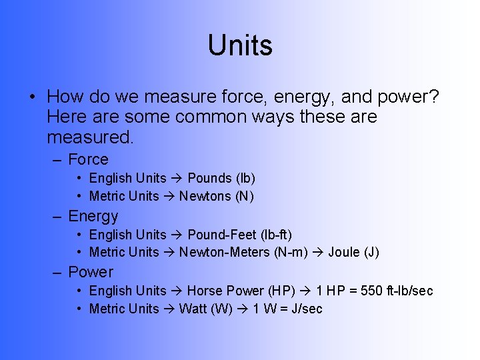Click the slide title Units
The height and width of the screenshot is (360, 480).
(240, 45)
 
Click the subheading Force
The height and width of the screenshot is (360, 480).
(88, 159)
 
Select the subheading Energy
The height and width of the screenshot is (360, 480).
(93, 216)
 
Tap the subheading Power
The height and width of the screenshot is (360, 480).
(91, 272)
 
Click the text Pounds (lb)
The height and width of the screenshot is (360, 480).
(221, 178)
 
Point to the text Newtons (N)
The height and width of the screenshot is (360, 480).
(217, 196)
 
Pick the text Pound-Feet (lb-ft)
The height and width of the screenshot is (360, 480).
(240, 235)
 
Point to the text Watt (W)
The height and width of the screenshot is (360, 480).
(206, 309)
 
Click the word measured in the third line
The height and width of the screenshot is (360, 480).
(90, 138)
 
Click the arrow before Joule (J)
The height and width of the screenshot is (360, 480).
(319, 252)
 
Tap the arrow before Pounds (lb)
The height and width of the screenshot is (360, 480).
(177, 178)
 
